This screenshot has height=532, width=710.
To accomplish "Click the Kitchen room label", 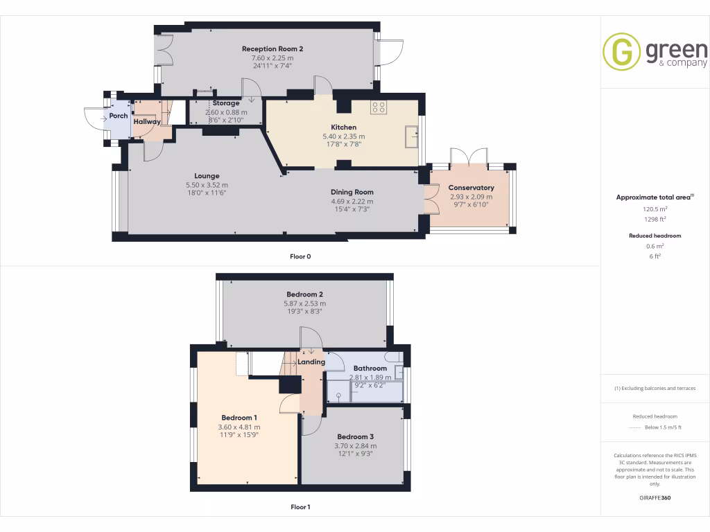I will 343,127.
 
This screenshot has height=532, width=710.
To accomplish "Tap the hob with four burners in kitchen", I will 379,107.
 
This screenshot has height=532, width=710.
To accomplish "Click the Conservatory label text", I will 471,188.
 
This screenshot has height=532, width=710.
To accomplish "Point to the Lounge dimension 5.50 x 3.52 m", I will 207,185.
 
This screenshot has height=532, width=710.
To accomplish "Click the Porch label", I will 119,116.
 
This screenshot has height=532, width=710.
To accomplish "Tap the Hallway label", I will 147,122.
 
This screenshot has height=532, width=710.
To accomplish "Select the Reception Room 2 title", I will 272,49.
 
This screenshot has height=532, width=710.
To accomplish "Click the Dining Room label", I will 352,193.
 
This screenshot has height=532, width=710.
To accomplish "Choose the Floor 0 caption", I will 300,256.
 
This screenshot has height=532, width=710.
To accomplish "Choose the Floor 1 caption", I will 300,507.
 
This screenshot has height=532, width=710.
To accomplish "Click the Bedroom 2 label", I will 304,294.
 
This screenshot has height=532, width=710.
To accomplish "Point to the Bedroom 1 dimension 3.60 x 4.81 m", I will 240,427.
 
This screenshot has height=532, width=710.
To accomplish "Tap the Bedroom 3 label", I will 356,437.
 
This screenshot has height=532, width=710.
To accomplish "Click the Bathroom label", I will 370,369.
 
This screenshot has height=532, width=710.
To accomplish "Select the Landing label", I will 311,362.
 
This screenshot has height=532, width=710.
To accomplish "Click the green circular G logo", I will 621,52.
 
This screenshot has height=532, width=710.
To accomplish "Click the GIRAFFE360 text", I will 655,498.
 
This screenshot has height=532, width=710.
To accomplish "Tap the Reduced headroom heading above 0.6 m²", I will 655,236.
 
